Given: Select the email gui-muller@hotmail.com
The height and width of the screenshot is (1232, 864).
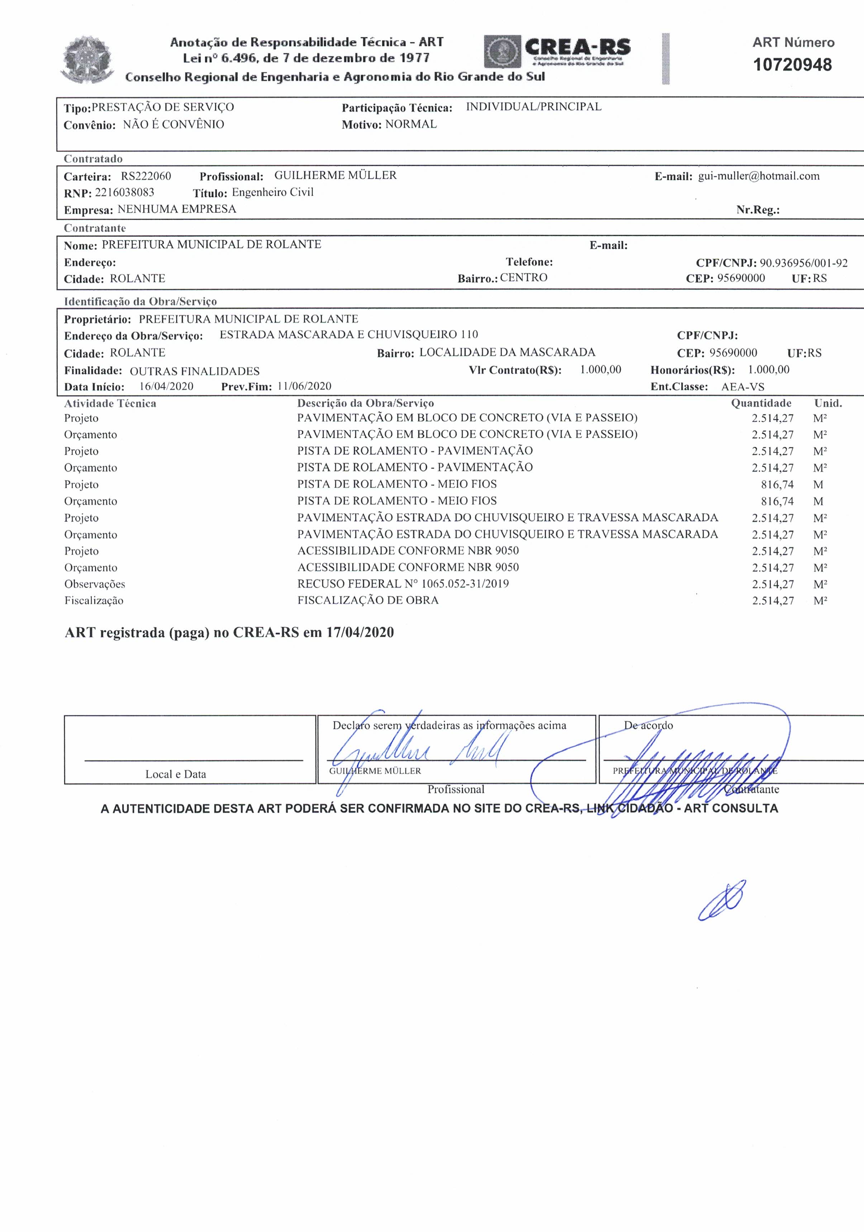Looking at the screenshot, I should [758, 176].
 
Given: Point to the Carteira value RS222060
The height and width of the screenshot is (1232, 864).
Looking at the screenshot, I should [146, 176].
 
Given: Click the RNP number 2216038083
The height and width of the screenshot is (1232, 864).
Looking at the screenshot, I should [124, 192].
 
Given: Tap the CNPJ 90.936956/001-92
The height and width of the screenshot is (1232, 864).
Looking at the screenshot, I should [803, 263].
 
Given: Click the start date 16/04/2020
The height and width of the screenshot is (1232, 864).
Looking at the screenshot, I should [166, 386].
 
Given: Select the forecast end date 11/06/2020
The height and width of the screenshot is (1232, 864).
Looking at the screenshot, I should [304, 386].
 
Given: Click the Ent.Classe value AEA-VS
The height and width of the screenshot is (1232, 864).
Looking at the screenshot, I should [742, 387].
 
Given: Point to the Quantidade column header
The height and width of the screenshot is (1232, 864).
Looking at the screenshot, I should [761, 403].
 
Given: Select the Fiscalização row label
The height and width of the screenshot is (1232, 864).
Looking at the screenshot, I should [94, 601].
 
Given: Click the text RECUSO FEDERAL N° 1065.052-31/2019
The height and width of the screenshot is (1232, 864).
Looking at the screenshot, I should [403, 583].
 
